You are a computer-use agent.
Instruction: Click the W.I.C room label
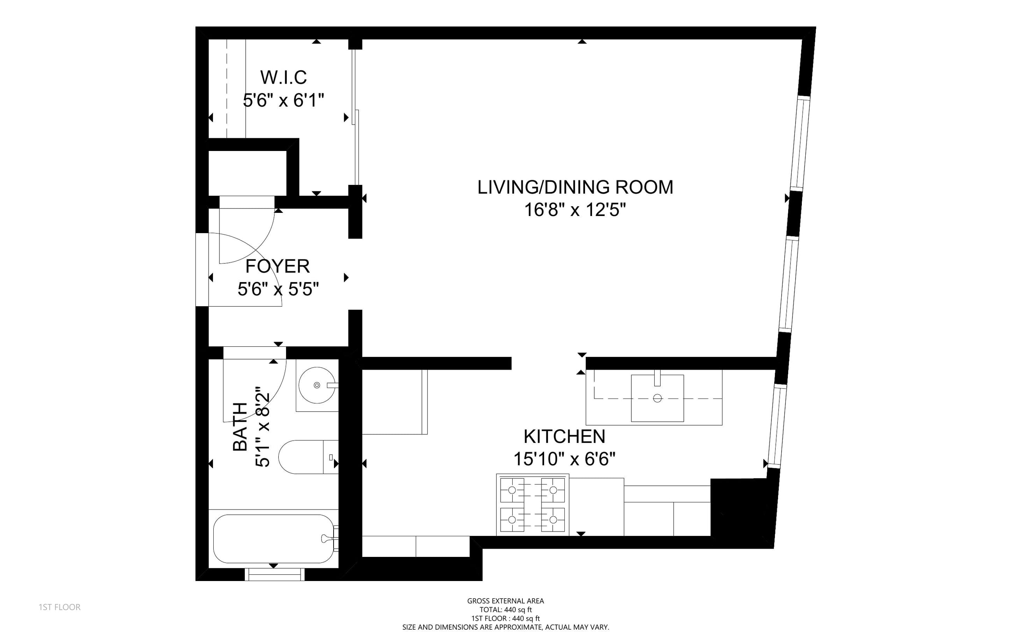[x=283, y=77]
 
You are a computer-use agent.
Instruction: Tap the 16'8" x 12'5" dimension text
[x=575, y=210]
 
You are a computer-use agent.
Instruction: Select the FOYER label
[x=278, y=266]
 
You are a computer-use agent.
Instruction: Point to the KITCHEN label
[x=564, y=437]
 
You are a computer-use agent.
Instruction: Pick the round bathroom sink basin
[x=317, y=385]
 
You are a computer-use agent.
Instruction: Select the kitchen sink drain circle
[x=657, y=399]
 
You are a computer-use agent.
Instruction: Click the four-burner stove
[x=532, y=504]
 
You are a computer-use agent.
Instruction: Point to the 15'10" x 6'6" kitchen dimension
[x=564, y=459]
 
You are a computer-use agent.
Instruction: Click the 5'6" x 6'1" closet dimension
[x=284, y=100]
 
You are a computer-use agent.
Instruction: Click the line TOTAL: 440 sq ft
[x=506, y=610]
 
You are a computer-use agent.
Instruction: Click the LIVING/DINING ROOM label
[x=575, y=187]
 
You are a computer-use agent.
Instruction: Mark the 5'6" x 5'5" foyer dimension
[x=278, y=289]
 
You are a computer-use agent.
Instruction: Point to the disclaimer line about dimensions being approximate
[x=506, y=627]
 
